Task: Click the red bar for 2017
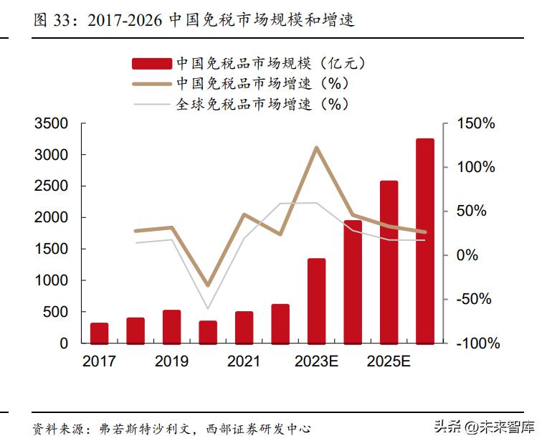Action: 100,333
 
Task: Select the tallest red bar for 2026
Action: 424,241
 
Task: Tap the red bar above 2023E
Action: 316,300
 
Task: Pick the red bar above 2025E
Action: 389,262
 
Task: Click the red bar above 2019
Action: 172,326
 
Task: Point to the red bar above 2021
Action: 244,327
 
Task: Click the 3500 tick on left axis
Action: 52,124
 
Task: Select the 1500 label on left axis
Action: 52,249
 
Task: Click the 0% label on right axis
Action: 466,255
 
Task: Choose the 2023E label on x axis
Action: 316,361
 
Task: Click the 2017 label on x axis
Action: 100,361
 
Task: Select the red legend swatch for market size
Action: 151,64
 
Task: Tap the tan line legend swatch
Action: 151,84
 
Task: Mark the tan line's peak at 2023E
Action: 316,148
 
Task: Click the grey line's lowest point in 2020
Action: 208,308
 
